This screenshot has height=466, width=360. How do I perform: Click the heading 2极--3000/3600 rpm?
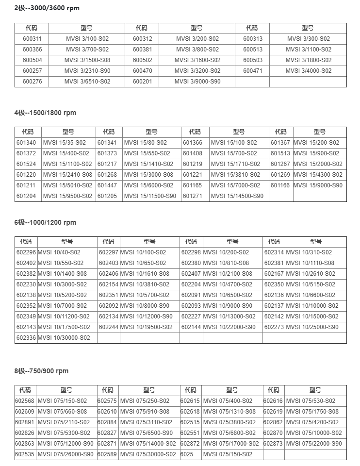click(x=47, y=8)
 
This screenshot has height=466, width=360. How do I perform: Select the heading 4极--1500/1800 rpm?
click(x=45, y=113)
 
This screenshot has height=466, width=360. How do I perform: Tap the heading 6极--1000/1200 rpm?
click(x=45, y=222)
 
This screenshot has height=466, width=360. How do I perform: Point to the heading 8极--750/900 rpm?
click(x=41, y=371)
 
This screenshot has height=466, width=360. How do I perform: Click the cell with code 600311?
click(x=32, y=39)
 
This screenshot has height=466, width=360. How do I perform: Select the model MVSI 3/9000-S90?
click(x=197, y=82)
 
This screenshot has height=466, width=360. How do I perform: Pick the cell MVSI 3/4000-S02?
click(x=308, y=71)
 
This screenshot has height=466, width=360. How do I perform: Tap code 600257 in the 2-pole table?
click(x=32, y=71)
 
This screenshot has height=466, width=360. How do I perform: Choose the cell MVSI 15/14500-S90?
click(x=237, y=196)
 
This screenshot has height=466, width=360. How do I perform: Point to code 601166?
click(x=280, y=185)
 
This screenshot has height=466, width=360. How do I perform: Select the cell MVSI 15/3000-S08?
click(x=148, y=175)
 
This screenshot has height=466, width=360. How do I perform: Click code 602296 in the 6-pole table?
click(x=26, y=252)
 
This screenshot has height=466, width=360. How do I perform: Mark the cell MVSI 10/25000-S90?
click(x=312, y=327)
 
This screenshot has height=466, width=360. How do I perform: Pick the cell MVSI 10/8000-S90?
click(x=145, y=306)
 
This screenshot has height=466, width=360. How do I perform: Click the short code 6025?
click(x=187, y=454)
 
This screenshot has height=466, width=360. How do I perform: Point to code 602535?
click(x=25, y=454)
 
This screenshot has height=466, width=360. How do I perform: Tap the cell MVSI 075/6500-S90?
click(x=146, y=433)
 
